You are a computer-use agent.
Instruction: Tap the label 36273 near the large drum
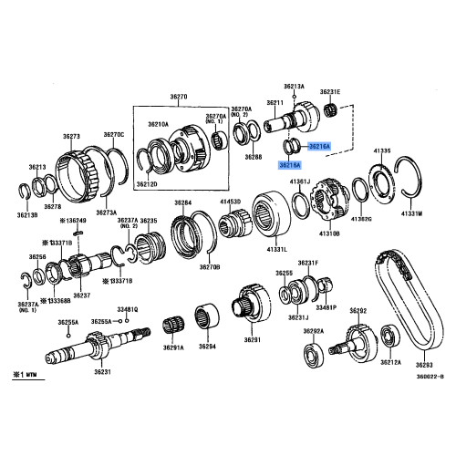pyautogui.click(x=72, y=136)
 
